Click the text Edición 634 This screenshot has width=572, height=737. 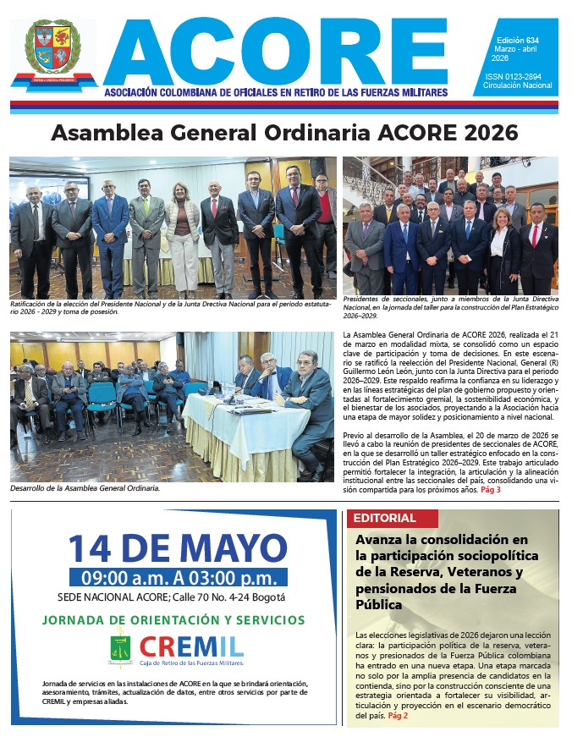(x=514, y=41)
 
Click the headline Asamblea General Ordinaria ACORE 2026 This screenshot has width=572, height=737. (x=284, y=134)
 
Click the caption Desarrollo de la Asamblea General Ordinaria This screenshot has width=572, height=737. (x=84, y=488)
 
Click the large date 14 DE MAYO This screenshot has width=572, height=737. (x=177, y=547)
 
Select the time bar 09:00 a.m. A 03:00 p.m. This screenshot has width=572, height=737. (x=179, y=579)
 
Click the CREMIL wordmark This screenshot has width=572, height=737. (x=192, y=648)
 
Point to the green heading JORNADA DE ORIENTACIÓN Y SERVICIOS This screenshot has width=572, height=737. (x=173, y=619)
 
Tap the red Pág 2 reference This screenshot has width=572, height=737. (x=398, y=715)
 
